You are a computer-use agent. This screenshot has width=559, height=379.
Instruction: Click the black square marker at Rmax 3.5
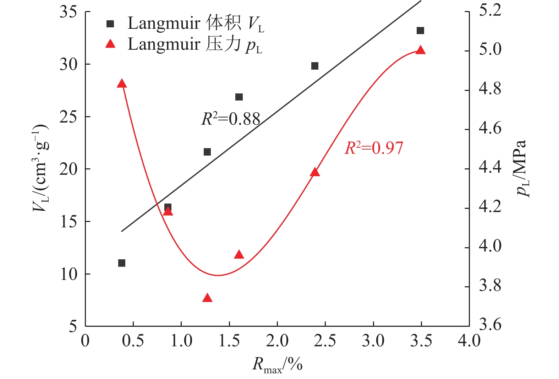(x=420, y=31)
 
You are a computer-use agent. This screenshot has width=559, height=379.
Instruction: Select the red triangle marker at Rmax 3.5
(x=421, y=50)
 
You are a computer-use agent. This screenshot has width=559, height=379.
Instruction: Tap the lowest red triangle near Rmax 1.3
(x=207, y=298)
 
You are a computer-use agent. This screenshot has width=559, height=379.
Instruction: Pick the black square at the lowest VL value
(x=122, y=263)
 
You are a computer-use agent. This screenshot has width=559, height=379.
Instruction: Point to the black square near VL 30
(x=315, y=66)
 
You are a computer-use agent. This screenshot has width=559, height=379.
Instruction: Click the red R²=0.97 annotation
(x=374, y=148)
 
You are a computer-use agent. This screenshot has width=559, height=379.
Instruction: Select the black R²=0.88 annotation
(x=231, y=119)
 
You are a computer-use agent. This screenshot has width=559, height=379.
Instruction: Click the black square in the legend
(x=110, y=24)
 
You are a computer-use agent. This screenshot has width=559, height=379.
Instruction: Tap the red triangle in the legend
(x=110, y=44)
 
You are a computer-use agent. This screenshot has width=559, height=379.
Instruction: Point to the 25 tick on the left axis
(x=68, y=117)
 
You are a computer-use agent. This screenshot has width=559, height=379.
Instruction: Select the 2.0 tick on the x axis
(x=277, y=341)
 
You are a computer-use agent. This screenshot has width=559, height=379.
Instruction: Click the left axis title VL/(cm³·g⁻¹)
(x=40, y=169)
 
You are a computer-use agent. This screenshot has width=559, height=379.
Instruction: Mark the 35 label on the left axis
(x=68, y=12)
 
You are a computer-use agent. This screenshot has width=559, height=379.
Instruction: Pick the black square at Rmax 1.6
(x=239, y=97)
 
